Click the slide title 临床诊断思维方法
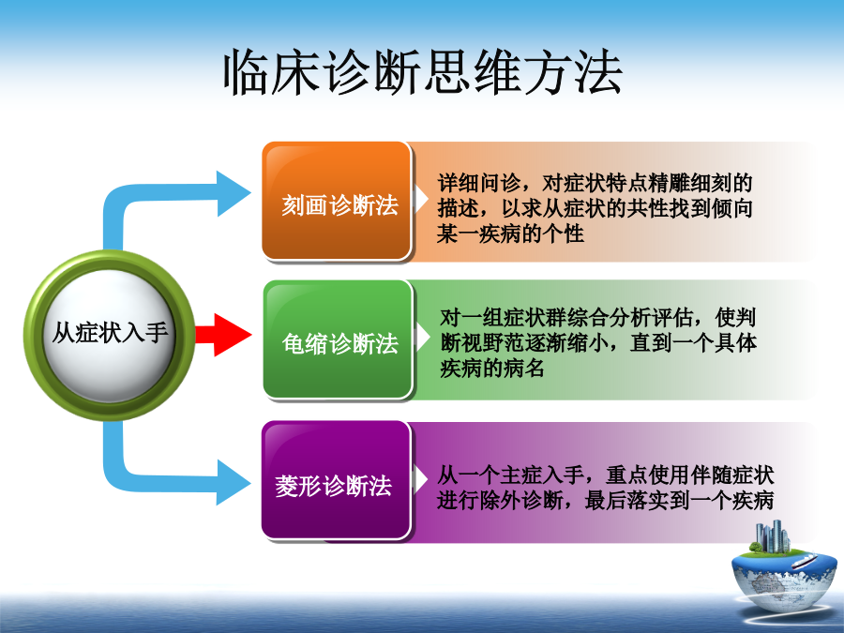[x=423, y=72]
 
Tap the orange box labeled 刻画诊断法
[x=337, y=202]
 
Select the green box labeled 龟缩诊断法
[x=338, y=339]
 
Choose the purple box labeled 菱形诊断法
[x=337, y=480]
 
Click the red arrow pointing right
[x=223, y=335]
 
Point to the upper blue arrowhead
[x=234, y=193]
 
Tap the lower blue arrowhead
[x=234, y=482]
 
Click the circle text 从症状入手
[x=110, y=332]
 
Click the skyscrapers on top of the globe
[x=773, y=536]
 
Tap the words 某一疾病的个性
[x=510, y=234]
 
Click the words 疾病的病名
[x=492, y=369]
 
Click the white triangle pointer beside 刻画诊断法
[x=420, y=199]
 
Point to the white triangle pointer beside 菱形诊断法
[x=420, y=479]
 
